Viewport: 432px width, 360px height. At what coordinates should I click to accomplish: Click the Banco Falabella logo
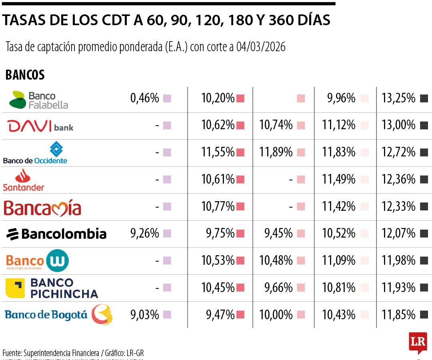click(38, 100)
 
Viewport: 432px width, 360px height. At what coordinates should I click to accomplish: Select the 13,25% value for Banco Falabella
click(398, 98)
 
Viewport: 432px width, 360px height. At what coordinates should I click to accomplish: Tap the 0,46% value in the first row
click(144, 98)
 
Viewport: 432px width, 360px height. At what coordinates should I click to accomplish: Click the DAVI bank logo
click(40, 126)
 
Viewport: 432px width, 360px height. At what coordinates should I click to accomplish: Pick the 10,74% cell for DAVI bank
click(276, 125)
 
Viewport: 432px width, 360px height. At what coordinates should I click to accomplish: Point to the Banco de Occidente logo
click(35, 153)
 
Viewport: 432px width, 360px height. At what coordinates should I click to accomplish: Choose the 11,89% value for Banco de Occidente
click(276, 152)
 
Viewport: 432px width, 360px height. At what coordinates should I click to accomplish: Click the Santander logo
click(23, 180)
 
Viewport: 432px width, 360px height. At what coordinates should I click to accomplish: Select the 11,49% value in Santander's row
click(338, 179)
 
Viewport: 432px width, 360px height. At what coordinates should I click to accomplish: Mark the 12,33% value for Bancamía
click(398, 206)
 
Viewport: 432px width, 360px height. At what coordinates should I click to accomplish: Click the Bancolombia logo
click(56, 234)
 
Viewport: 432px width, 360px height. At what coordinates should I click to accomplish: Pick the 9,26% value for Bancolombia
click(144, 233)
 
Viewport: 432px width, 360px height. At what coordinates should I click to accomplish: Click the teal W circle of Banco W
click(57, 261)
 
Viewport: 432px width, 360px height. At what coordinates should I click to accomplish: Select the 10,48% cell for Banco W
click(276, 260)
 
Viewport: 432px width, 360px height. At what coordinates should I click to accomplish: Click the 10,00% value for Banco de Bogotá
click(276, 315)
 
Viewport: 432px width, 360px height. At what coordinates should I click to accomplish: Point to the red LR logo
click(418, 342)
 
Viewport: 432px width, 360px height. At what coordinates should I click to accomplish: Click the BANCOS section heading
click(25, 75)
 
